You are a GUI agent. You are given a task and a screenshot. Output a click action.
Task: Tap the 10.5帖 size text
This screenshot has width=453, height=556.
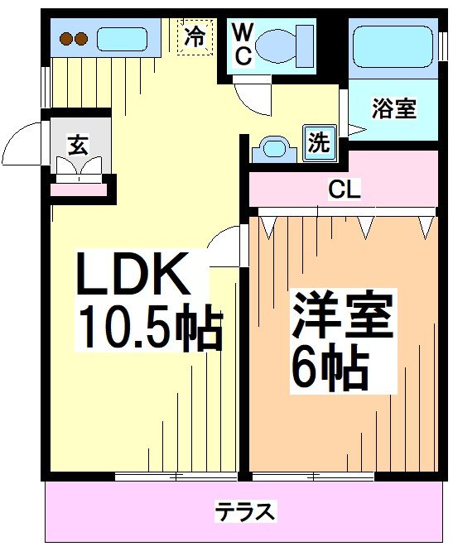(x=149, y=329)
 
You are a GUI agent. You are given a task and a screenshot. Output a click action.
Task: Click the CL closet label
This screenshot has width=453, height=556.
(x=344, y=189)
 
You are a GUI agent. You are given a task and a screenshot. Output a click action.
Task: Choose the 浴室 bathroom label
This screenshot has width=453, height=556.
(x=393, y=109)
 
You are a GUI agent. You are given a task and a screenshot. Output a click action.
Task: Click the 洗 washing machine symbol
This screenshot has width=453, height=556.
(x=319, y=141)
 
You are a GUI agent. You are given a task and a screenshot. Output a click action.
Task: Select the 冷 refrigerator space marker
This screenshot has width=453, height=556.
(x=195, y=37)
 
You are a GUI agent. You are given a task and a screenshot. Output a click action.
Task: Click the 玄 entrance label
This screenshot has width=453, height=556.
(x=77, y=145)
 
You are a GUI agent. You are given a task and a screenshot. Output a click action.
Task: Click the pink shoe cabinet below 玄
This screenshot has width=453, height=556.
(x=80, y=189)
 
